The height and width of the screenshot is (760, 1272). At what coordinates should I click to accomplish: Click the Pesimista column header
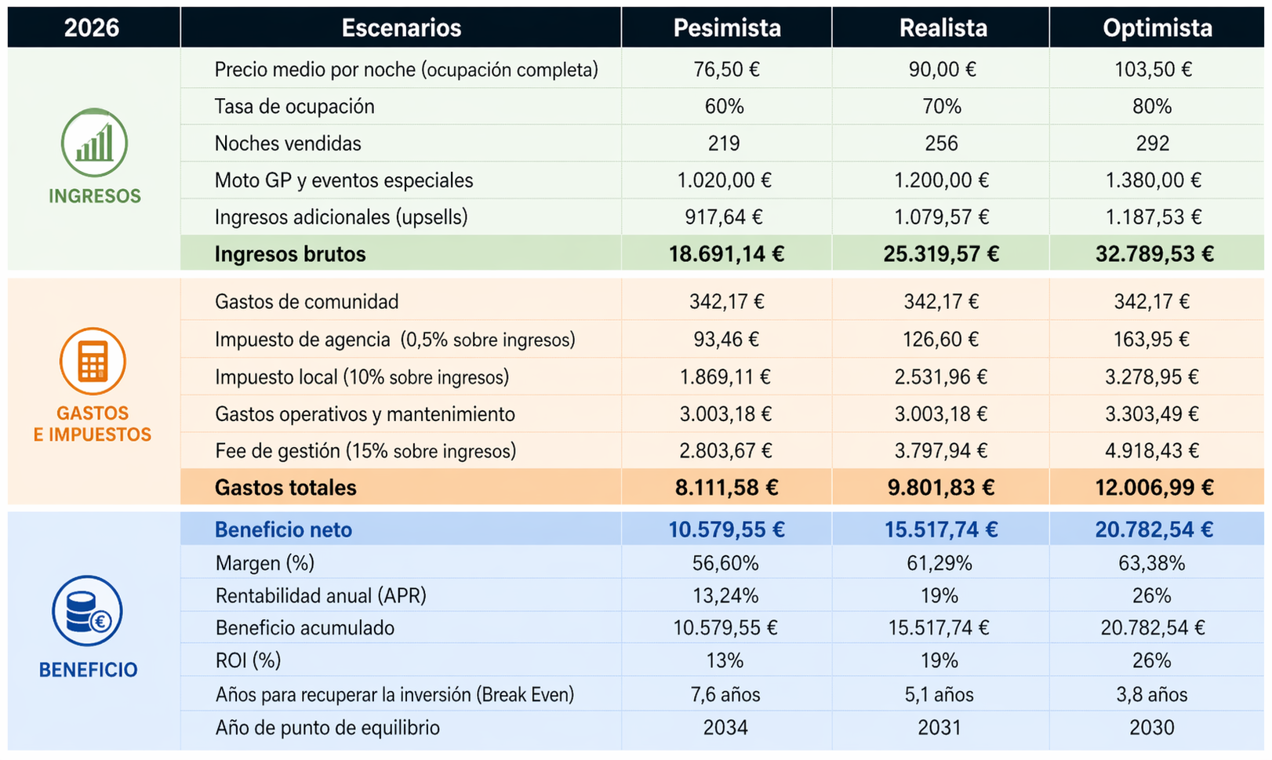[727, 28]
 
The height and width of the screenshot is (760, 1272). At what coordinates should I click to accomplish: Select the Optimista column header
[1157, 28]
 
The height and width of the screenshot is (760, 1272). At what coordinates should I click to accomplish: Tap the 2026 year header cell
[92, 28]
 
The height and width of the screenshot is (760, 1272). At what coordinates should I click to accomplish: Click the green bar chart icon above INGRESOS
[94, 143]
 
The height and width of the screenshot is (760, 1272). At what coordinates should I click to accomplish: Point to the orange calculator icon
[93, 361]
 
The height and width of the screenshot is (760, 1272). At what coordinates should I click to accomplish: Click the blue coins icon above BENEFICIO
[87, 611]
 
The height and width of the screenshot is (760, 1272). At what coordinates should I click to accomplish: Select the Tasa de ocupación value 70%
[941, 107]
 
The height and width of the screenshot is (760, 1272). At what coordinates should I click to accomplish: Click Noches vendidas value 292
[1152, 144]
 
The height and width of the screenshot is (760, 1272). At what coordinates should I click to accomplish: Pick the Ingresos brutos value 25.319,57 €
[941, 254]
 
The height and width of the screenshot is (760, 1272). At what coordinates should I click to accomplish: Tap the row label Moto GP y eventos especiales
[343, 180]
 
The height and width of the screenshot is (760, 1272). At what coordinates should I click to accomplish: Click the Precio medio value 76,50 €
[726, 70]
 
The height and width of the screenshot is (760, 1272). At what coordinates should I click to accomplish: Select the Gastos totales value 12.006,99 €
[1154, 488]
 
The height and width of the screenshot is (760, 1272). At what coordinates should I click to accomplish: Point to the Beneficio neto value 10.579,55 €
[726, 530]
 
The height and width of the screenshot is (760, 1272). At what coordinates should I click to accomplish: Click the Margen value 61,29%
[939, 563]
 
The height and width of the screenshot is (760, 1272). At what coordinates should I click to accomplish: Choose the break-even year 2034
[725, 728]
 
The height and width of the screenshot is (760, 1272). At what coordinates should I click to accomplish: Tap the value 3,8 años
[1152, 695]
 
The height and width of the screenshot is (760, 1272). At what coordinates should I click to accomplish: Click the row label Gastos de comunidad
[307, 302]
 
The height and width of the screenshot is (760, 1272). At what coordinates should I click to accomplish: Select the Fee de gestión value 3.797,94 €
[941, 451]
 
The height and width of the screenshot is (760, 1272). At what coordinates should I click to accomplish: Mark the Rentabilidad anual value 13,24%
[725, 596]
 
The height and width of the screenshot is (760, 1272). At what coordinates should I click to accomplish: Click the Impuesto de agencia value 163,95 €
[1151, 340]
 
